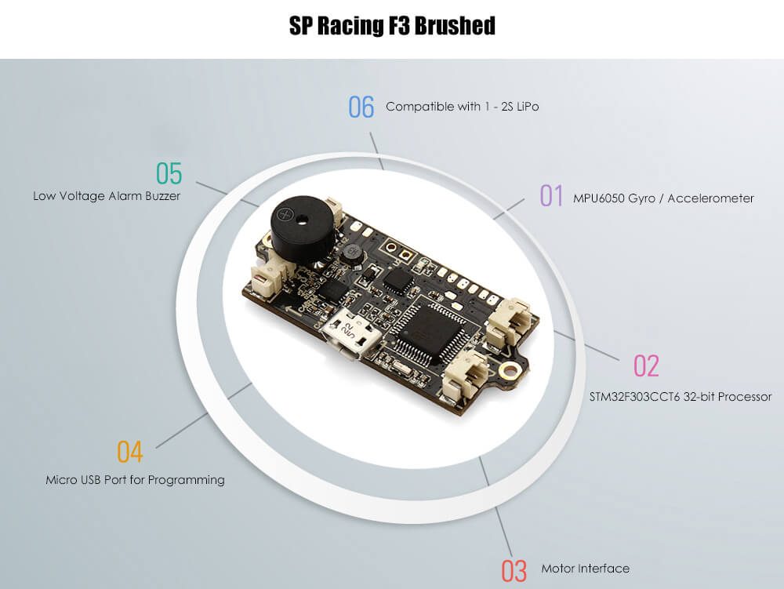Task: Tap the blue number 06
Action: [x=361, y=107]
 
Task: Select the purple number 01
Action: [x=551, y=195]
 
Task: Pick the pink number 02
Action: [x=646, y=365]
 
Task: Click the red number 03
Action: [x=514, y=571]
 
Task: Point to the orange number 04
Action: [x=130, y=452]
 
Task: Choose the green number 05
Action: [x=169, y=173]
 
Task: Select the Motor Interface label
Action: [x=586, y=569]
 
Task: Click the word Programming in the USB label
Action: [x=186, y=480]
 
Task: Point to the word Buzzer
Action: [x=162, y=196]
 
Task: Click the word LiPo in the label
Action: [x=528, y=107]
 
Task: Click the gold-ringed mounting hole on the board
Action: [x=510, y=370]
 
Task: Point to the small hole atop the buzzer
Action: [x=302, y=219]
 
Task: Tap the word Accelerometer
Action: [x=710, y=198]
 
